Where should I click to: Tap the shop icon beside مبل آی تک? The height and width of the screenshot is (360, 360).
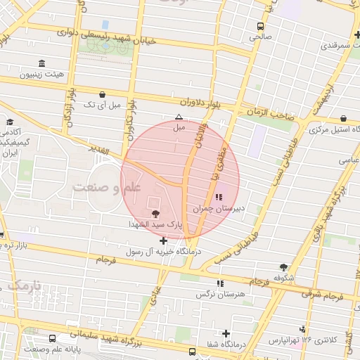pyautogui.click(x=103, y=94)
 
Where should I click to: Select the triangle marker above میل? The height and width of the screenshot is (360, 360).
pyautogui.click(x=179, y=117)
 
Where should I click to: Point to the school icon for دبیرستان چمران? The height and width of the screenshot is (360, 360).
pyautogui.click(x=219, y=197)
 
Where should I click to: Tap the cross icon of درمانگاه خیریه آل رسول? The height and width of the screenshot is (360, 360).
pyautogui.click(x=164, y=240)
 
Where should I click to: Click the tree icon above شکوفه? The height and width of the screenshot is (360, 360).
pyautogui.click(x=283, y=267)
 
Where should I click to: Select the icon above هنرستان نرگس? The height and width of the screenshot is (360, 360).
pyautogui.click(x=220, y=283)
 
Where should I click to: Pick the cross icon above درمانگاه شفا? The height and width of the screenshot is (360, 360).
pyautogui.click(x=226, y=333)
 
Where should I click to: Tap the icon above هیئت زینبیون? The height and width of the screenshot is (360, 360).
pyautogui.click(x=42, y=63)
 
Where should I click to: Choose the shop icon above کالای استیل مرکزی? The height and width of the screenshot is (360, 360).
pyautogui.click(x=343, y=119)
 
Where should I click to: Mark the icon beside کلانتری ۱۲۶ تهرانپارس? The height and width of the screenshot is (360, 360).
pyautogui.click(x=303, y=329)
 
